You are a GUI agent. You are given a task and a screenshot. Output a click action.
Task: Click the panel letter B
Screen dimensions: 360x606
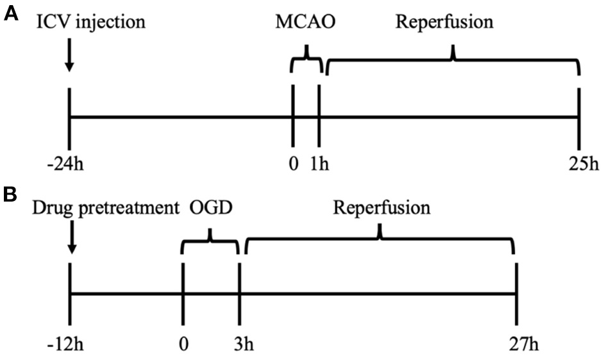click(x=11, y=193)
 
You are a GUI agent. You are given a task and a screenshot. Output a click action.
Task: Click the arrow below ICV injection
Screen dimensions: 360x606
click(x=69, y=58)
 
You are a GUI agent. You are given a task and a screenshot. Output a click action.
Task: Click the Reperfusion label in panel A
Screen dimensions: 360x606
click(x=445, y=23)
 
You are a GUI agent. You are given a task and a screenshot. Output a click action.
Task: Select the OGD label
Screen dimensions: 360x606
click(x=209, y=209)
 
